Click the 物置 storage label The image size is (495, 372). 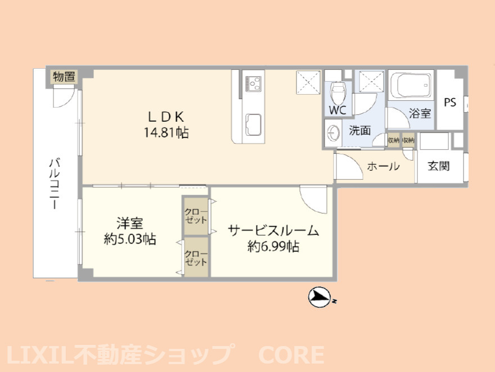pos(64,77)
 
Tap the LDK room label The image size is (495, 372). pos(166,117)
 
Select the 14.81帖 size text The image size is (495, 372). pos(166,132)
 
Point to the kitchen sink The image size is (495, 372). pos(254,125)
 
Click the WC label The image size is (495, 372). pos(337,110)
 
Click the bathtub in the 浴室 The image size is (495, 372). pos(411,85)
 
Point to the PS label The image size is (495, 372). pos(450,102)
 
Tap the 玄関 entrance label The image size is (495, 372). pos(439,166)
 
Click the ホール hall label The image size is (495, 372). pos(383,166)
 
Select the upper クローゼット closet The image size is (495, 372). pos(196,216)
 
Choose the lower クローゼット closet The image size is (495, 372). pos(196,258)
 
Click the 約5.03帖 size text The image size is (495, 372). pos(130,239)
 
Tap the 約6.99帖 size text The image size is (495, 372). pos(273,246)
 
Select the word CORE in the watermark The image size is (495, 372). pos(291,355)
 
